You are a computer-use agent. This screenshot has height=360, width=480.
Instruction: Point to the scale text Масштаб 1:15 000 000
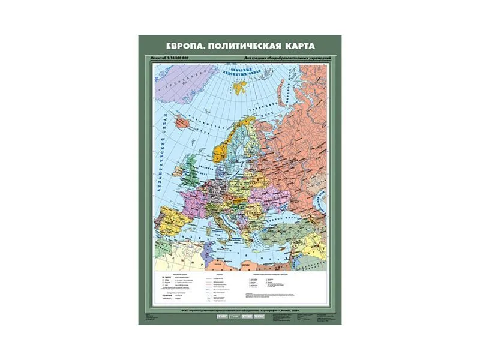coord(173,58)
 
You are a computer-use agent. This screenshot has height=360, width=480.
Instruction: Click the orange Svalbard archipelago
coord(240,87)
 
